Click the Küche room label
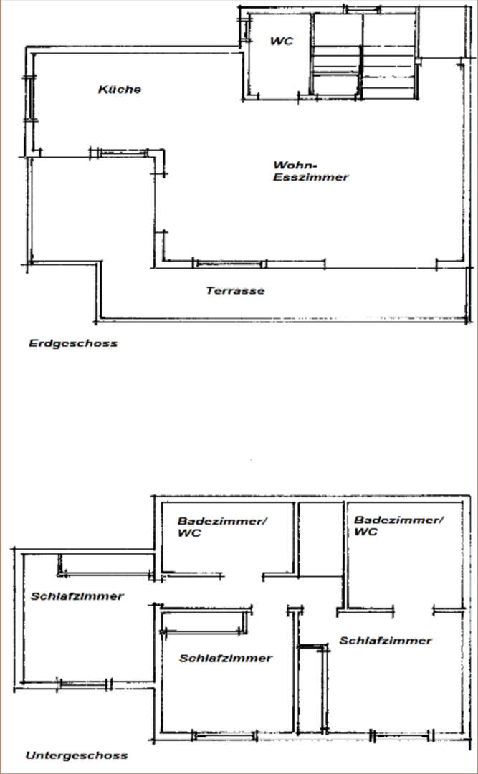pyautogui.click(x=120, y=90)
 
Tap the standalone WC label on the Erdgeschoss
pyautogui.click(x=282, y=41)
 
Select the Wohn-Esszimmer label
pyautogui.click(x=310, y=171)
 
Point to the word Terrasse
pyautogui.click(x=235, y=290)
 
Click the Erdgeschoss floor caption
pyautogui.click(x=73, y=343)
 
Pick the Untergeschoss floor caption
pyautogui.click(x=77, y=755)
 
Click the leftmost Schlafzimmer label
pyautogui.click(x=77, y=596)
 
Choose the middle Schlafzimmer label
pyautogui.click(x=226, y=658)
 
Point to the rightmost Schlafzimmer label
pyautogui.click(x=386, y=640)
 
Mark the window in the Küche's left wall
pyautogui.click(x=29, y=99)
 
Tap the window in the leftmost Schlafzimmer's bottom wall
pyautogui.click(x=83, y=684)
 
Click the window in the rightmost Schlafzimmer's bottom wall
pyautogui.click(x=402, y=736)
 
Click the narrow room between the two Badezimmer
pyautogui.click(x=321, y=539)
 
